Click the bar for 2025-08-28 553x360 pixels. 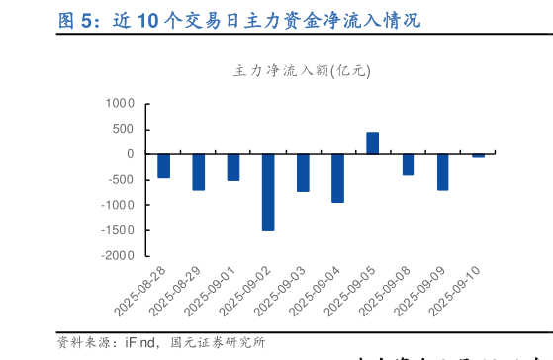(x=163, y=165)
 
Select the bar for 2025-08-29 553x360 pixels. (x=198, y=171)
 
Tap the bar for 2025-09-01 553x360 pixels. (x=233, y=166)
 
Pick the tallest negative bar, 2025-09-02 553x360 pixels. (x=268, y=192)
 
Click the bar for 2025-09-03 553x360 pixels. (x=303, y=172)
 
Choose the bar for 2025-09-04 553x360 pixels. (x=337, y=178)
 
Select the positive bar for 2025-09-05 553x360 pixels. (x=373, y=143)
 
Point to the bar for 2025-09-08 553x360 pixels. (x=408, y=164)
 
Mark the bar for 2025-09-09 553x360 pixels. (x=442, y=171)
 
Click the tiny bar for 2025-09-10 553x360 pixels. (x=478, y=155)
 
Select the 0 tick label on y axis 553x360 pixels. (x=130, y=154)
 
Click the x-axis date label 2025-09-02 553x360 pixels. (x=247, y=291)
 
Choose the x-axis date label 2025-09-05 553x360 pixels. (x=352, y=291)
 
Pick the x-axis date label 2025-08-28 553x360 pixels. (x=142, y=291)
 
